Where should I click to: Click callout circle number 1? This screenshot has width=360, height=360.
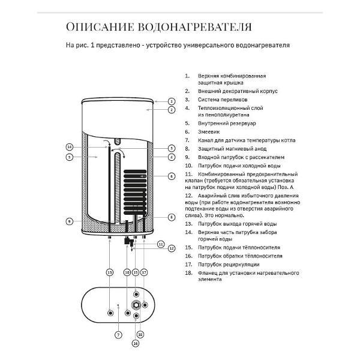(x=171, y=101)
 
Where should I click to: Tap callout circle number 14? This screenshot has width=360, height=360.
(x=69, y=147)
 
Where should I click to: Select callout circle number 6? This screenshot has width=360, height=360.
(x=171, y=176)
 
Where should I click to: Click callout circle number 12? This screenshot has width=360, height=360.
(x=171, y=248)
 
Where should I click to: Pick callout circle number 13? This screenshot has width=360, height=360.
(x=110, y=272)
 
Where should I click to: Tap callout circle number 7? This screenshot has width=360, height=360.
(x=118, y=334)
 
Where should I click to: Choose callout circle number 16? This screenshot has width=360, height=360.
(x=136, y=343)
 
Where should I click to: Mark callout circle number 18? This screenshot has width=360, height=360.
(x=140, y=334)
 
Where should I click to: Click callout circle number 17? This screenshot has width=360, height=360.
(x=144, y=272)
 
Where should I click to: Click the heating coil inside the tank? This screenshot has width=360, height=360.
(x=135, y=192)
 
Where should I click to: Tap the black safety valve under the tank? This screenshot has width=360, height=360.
(x=128, y=243)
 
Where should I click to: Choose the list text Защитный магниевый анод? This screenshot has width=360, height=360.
(x=229, y=148)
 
